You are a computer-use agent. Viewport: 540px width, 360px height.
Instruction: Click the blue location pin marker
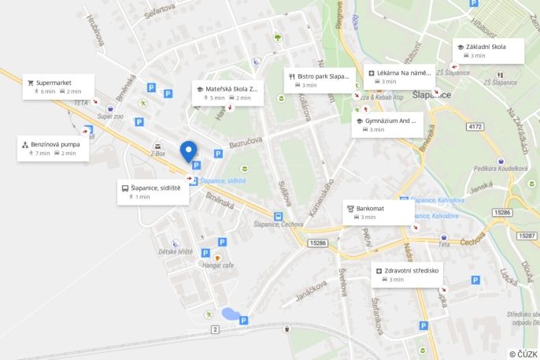tap(188, 150)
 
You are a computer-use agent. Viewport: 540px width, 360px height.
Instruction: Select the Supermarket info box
tap(59, 87)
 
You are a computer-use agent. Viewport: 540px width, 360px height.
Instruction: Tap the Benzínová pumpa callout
tap(53, 148)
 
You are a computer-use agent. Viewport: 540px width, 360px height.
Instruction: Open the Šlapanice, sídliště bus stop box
tap(153, 192)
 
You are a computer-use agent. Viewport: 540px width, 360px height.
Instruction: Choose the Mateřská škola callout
tap(228, 93)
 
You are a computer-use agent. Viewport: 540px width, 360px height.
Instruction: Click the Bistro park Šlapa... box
tap(317, 80)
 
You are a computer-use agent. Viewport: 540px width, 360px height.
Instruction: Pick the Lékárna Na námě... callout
tap(400, 77)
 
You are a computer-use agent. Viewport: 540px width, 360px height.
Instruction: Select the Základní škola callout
tap(488, 50)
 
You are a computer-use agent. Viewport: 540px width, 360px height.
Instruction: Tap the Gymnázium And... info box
tap(387, 124)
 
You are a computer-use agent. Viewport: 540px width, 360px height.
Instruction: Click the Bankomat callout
tap(378, 212)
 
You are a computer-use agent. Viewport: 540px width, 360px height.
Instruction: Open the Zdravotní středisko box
tap(407, 274)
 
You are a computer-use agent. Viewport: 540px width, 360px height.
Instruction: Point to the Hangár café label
tap(217, 265)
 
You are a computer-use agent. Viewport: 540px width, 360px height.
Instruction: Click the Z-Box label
tap(157, 154)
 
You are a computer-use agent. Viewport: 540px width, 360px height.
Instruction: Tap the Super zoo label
tap(110, 116)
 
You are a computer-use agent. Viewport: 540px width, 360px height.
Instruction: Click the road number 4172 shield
tap(474, 126)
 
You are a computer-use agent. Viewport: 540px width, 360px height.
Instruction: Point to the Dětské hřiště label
tap(175, 251)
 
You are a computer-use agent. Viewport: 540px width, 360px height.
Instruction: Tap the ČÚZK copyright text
tap(523, 354)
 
